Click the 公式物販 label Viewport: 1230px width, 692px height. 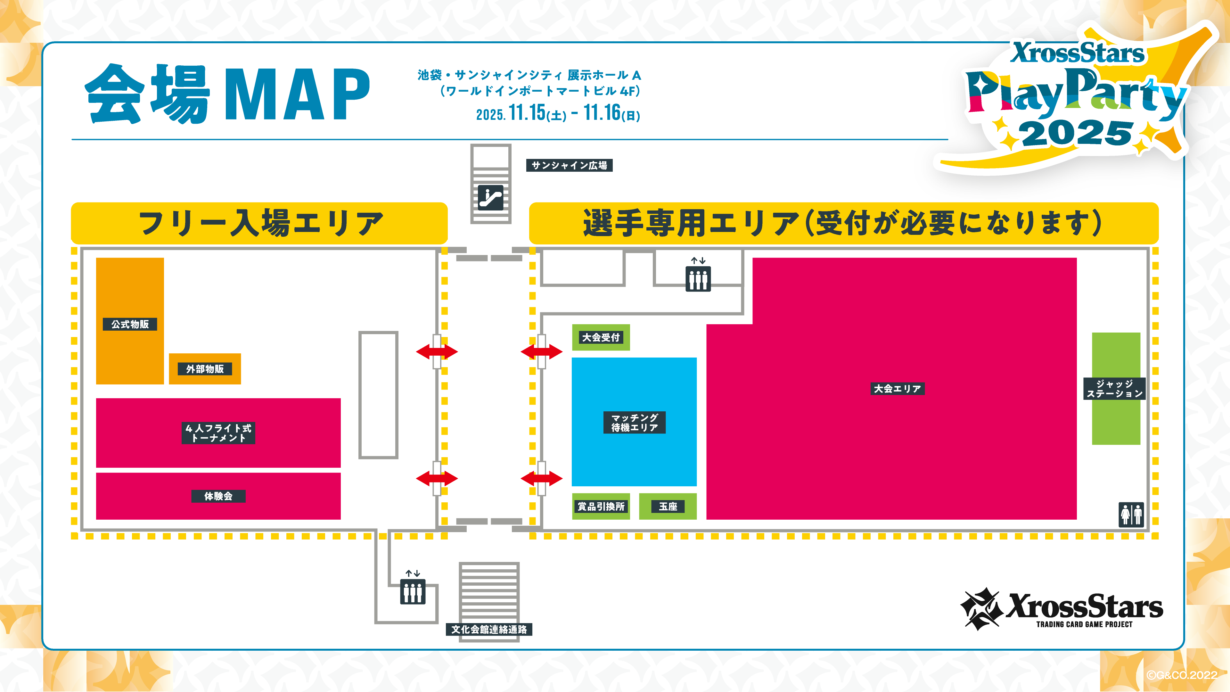(x=130, y=324)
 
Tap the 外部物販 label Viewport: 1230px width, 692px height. (x=205, y=369)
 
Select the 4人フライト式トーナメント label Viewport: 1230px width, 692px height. (x=218, y=433)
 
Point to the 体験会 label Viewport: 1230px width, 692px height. (x=218, y=496)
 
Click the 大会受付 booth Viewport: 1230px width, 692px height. (x=601, y=337)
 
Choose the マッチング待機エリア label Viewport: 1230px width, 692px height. (x=635, y=422)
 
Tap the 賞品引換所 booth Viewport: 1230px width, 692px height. (x=601, y=506)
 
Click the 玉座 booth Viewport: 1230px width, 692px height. (x=668, y=506)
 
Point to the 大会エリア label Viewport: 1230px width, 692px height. (x=897, y=389)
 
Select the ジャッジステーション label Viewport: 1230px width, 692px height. (x=1115, y=389)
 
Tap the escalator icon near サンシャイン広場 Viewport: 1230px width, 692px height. (x=491, y=197)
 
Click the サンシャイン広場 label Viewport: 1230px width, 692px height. (x=569, y=165)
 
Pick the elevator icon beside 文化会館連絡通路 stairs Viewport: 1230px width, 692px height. (x=413, y=591)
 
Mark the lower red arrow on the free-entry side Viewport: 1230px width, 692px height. (x=437, y=478)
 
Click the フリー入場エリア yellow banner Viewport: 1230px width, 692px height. (x=259, y=223)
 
